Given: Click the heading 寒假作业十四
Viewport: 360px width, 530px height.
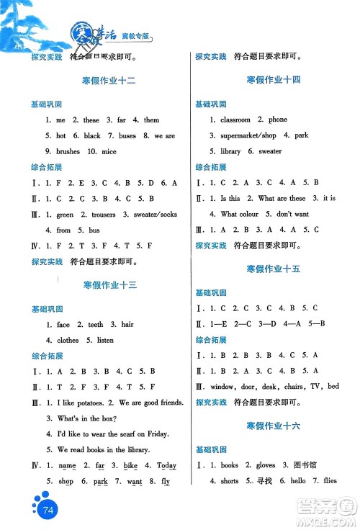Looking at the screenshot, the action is click(x=273, y=79).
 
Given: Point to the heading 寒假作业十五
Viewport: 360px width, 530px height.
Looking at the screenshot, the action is click(x=273, y=268).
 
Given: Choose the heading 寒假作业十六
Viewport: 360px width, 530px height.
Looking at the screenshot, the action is click(x=273, y=426).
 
